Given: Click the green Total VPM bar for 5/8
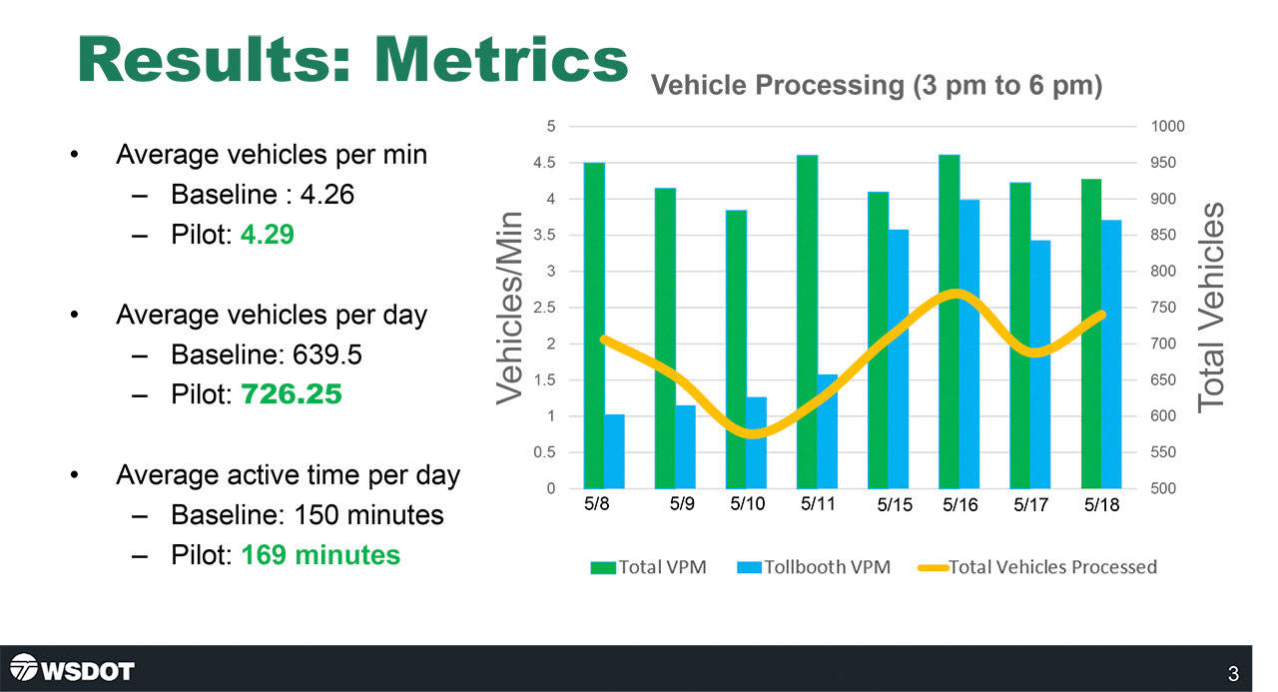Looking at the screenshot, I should [x=594, y=326].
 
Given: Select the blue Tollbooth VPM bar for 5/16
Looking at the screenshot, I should [x=969, y=345].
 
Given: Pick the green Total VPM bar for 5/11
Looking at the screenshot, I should [x=807, y=322].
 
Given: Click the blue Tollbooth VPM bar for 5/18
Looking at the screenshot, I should [x=1111, y=354].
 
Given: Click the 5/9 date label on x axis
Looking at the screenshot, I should [x=682, y=504].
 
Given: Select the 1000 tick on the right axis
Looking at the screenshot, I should [x=1166, y=127].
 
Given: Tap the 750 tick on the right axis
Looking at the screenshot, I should [x=1162, y=308].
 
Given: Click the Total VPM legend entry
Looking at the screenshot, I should [x=649, y=567].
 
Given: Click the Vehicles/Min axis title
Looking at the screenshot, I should [x=510, y=308].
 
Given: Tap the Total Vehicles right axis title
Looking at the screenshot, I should [x=1211, y=308].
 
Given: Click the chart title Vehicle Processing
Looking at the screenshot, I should [x=877, y=86].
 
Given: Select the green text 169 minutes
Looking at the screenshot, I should [x=320, y=554].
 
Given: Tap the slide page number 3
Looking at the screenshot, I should [x=1233, y=675].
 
